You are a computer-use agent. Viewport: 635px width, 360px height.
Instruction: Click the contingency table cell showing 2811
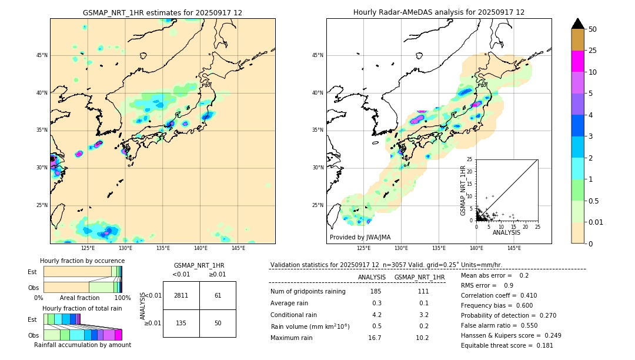click(x=181, y=295)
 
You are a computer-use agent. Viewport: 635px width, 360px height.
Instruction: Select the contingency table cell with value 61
click(x=218, y=295)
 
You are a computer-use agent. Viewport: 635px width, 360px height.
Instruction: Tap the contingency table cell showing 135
click(x=181, y=323)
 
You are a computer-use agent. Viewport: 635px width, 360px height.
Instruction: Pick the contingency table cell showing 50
click(x=218, y=323)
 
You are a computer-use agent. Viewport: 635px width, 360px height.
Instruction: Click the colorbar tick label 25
click(x=593, y=51)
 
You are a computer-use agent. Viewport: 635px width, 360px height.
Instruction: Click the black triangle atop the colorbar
click(x=578, y=24)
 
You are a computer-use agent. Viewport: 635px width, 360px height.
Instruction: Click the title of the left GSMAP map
click(x=162, y=12)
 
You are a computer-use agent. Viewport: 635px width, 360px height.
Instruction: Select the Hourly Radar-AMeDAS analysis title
click(x=439, y=12)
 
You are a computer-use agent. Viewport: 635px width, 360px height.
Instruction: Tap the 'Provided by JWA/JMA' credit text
click(x=360, y=237)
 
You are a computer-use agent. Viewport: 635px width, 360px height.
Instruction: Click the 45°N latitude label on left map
click(x=42, y=55)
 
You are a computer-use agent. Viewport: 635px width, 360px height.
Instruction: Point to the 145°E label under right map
click(x=514, y=248)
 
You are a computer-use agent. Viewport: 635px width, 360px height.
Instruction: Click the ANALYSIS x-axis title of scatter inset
click(x=506, y=232)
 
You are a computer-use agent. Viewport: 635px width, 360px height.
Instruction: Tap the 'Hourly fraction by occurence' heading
click(x=82, y=261)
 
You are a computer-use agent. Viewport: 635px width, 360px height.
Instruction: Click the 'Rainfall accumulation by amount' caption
click(x=82, y=345)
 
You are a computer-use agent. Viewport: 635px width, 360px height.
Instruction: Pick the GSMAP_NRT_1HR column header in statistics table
click(x=419, y=277)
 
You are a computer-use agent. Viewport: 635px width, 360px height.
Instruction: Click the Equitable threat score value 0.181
click(x=537, y=345)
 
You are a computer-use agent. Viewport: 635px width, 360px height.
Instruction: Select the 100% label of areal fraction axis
click(x=122, y=298)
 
